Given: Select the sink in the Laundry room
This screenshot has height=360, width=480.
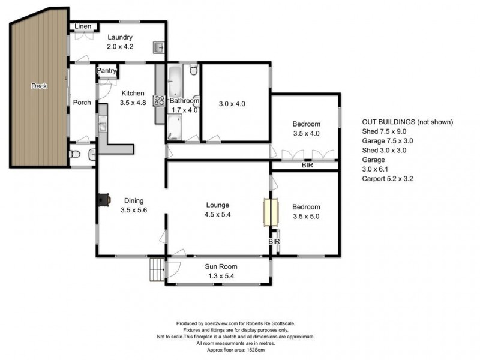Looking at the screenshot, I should (x=158, y=47).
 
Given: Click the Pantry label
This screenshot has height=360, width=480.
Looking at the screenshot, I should (x=106, y=71).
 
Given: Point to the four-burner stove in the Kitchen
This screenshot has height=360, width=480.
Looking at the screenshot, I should (x=160, y=101).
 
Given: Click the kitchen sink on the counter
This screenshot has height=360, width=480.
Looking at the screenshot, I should (x=103, y=127).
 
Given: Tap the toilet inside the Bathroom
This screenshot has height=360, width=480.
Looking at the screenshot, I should (x=193, y=71).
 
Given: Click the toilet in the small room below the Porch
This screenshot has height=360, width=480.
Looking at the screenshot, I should (x=75, y=155).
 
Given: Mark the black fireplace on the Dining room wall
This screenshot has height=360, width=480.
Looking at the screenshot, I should (x=104, y=200).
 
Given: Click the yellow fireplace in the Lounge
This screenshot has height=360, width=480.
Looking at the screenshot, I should (x=268, y=212).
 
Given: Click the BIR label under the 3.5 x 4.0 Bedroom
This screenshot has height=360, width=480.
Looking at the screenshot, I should (x=307, y=164).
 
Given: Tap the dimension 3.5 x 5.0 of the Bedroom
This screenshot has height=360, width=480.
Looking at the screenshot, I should (x=306, y=218).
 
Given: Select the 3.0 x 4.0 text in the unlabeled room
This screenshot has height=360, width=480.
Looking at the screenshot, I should (x=232, y=103).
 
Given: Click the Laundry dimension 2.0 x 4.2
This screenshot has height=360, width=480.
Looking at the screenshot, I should (x=120, y=47).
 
